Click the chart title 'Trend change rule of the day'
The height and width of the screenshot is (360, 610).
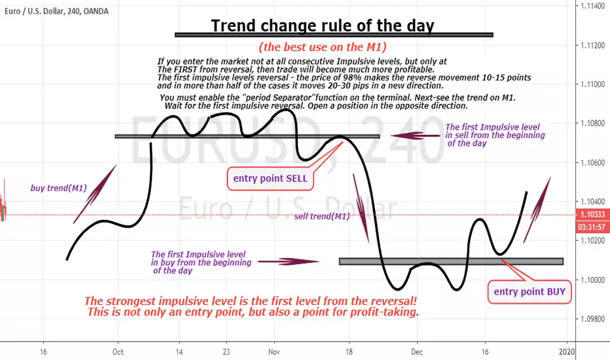(x=323, y=26)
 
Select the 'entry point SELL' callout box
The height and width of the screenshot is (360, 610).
(x=270, y=179)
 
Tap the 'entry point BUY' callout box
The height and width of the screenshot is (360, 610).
(x=529, y=291)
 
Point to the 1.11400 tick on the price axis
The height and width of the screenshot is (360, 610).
(x=592, y=7)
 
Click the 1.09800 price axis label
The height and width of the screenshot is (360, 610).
(x=592, y=319)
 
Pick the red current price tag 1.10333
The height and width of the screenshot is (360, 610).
(x=592, y=215)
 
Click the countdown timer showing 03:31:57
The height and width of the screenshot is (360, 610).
(x=592, y=227)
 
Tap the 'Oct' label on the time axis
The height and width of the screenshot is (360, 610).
(x=118, y=352)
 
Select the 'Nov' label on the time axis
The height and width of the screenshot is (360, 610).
(x=274, y=352)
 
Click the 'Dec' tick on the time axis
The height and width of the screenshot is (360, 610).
(x=417, y=352)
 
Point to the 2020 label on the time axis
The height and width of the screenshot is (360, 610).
(x=566, y=352)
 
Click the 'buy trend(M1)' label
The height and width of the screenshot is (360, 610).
(x=59, y=188)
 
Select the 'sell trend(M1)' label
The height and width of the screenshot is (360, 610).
(x=322, y=217)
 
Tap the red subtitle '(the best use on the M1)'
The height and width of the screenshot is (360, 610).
(x=323, y=47)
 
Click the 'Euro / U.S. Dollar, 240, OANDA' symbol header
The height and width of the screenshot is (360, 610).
(x=56, y=11)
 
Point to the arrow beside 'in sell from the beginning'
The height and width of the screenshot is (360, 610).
(x=416, y=135)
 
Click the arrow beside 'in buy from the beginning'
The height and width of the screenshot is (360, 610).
(x=288, y=262)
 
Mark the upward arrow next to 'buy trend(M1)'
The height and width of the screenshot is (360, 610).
(x=95, y=194)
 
